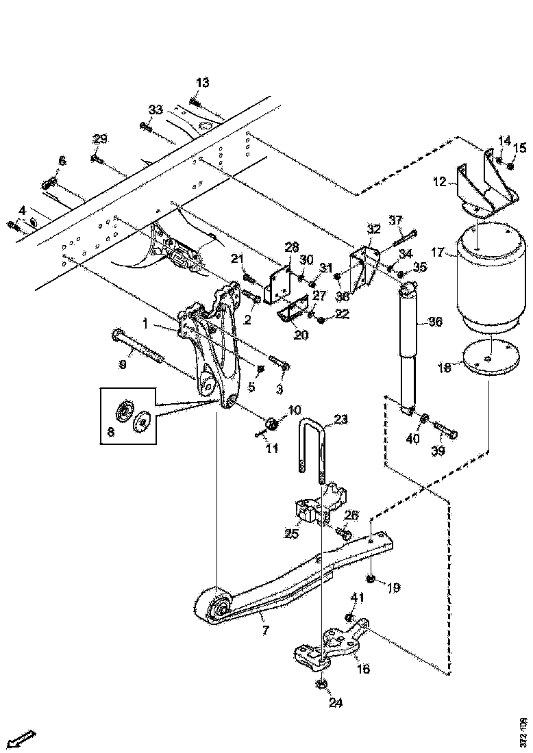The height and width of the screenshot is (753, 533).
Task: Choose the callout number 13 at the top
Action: [202, 83]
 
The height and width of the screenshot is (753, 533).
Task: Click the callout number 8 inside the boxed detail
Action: [111, 432]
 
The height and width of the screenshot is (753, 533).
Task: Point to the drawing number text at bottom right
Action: [523, 730]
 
